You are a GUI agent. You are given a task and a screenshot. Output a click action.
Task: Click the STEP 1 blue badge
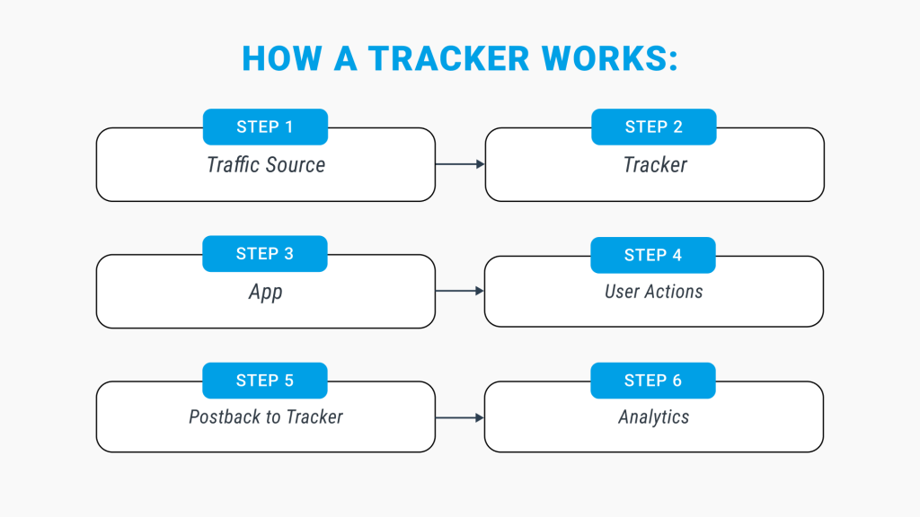pos(265,127)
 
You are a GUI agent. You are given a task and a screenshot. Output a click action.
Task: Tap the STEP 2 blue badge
pos(653,127)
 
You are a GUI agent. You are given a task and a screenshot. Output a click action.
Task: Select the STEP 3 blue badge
pos(265,254)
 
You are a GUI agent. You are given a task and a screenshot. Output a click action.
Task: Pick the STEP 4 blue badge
pos(653,255)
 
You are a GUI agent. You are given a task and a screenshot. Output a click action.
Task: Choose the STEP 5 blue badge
pos(265,381)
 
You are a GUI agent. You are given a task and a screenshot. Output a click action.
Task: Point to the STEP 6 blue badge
pos(653,381)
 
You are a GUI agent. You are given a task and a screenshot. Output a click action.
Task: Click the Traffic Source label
pos(266,165)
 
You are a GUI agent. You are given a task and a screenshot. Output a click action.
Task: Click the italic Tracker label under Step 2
pos(655,165)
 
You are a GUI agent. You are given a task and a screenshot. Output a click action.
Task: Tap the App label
pos(266,292)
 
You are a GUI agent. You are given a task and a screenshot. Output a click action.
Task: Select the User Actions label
pos(654,292)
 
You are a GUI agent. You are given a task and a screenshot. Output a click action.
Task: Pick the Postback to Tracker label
pos(266,416)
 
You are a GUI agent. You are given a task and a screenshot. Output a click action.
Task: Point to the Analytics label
pos(654,416)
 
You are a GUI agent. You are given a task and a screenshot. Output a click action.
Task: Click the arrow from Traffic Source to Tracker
pos(460,164)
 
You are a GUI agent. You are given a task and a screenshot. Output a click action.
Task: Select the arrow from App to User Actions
pos(460,291)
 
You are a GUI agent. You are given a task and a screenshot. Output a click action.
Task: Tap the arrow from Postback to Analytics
pos(460,417)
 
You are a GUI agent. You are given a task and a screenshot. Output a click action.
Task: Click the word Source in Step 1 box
pos(296,165)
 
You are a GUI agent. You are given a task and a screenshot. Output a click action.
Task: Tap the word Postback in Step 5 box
pos(225,416)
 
